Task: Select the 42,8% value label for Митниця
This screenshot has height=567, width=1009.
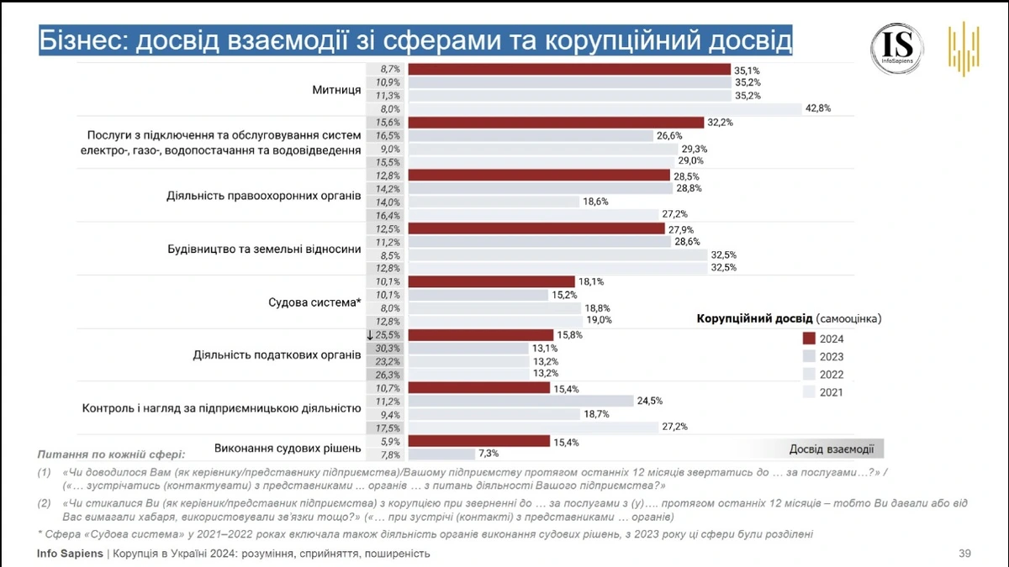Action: click(x=818, y=108)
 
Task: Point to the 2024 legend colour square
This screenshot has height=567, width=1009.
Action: click(x=809, y=339)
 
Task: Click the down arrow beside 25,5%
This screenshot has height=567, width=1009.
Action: click(x=369, y=335)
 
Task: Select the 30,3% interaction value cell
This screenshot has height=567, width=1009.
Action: click(x=388, y=348)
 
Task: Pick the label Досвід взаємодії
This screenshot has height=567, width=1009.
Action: click(x=831, y=449)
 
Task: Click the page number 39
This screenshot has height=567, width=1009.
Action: click(x=964, y=554)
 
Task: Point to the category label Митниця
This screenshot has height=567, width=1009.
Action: click(x=336, y=89)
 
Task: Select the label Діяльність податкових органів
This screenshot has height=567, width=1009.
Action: click(x=277, y=354)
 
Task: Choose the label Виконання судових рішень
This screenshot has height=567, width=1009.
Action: click(x=288, y=447)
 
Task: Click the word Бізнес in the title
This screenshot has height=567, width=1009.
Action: click(x=81, y=41)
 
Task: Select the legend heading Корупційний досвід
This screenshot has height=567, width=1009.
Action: click(x=754, y=319)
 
